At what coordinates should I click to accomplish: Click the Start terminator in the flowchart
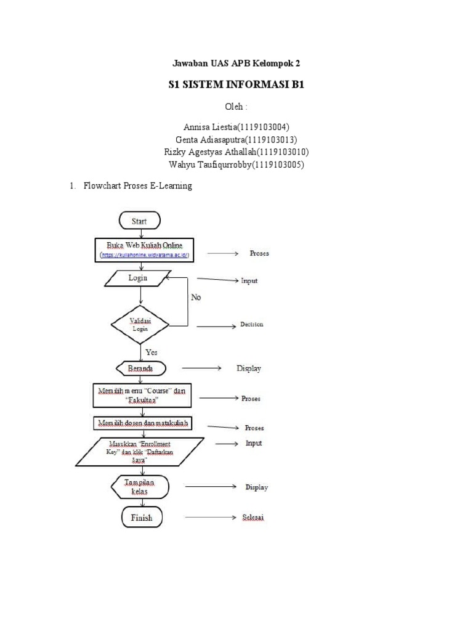coord(139,221)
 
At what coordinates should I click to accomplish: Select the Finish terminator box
coord(142,518)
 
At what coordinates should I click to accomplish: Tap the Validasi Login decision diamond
coord(140,324)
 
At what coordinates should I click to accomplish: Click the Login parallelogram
coord(139,279)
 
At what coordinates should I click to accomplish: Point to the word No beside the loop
coord(196,297)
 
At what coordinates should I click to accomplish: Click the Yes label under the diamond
coord(151,352)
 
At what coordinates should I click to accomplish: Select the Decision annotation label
coord(251,325)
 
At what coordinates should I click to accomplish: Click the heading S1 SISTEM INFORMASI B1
coord(236,85)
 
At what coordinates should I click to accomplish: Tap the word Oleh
coord(236,107)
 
